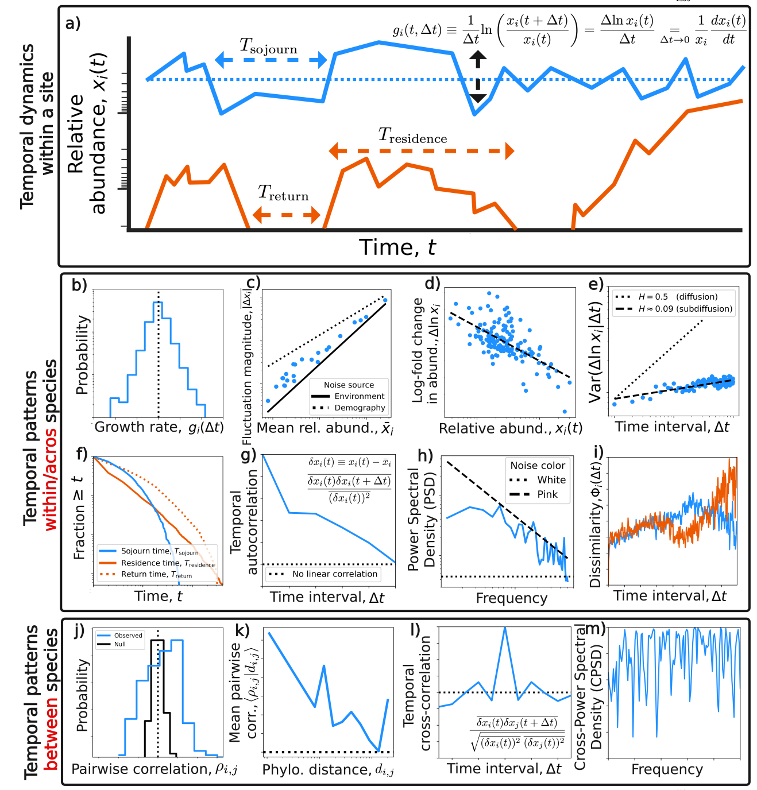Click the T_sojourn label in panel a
(268, 46)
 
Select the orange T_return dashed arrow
(286, 215)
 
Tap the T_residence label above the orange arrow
(412, 136)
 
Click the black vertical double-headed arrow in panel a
(478, 77)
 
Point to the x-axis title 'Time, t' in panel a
(397, 247)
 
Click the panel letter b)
(79, 285)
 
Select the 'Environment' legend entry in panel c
(359, 396)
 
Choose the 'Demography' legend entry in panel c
(360, 408)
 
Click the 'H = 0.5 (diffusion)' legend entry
(678, 297)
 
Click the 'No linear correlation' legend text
(335, 574)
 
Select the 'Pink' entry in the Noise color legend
(547, 494)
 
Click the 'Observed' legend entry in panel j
(128, 636)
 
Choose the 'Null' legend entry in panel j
(120, 644)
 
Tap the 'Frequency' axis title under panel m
(667, 769)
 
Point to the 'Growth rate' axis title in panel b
(159, 427)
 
